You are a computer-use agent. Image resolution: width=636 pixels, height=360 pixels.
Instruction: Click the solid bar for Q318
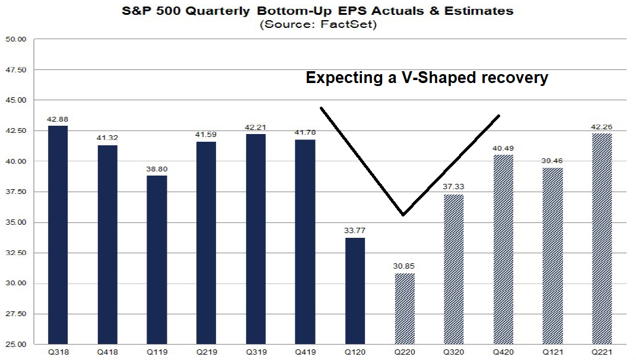coord(58,235)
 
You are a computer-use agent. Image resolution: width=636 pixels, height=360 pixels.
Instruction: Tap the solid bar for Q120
coord(355,291)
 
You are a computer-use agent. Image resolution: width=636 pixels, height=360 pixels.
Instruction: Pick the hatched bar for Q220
coord(405,308)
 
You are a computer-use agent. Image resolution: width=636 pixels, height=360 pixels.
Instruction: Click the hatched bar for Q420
coord(504,249)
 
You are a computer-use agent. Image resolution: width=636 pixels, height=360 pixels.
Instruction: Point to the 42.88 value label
coord(58,119)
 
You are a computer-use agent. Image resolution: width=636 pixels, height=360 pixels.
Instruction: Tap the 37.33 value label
coord(454,187)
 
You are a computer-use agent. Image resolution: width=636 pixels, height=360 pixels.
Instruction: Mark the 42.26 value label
coord(602,126)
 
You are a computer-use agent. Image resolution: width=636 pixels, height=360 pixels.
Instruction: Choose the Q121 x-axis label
coord(553,352)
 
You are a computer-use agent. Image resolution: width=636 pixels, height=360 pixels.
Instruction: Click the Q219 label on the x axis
coord(207,352)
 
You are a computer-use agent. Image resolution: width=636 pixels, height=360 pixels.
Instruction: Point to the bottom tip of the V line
coord(403,215)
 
